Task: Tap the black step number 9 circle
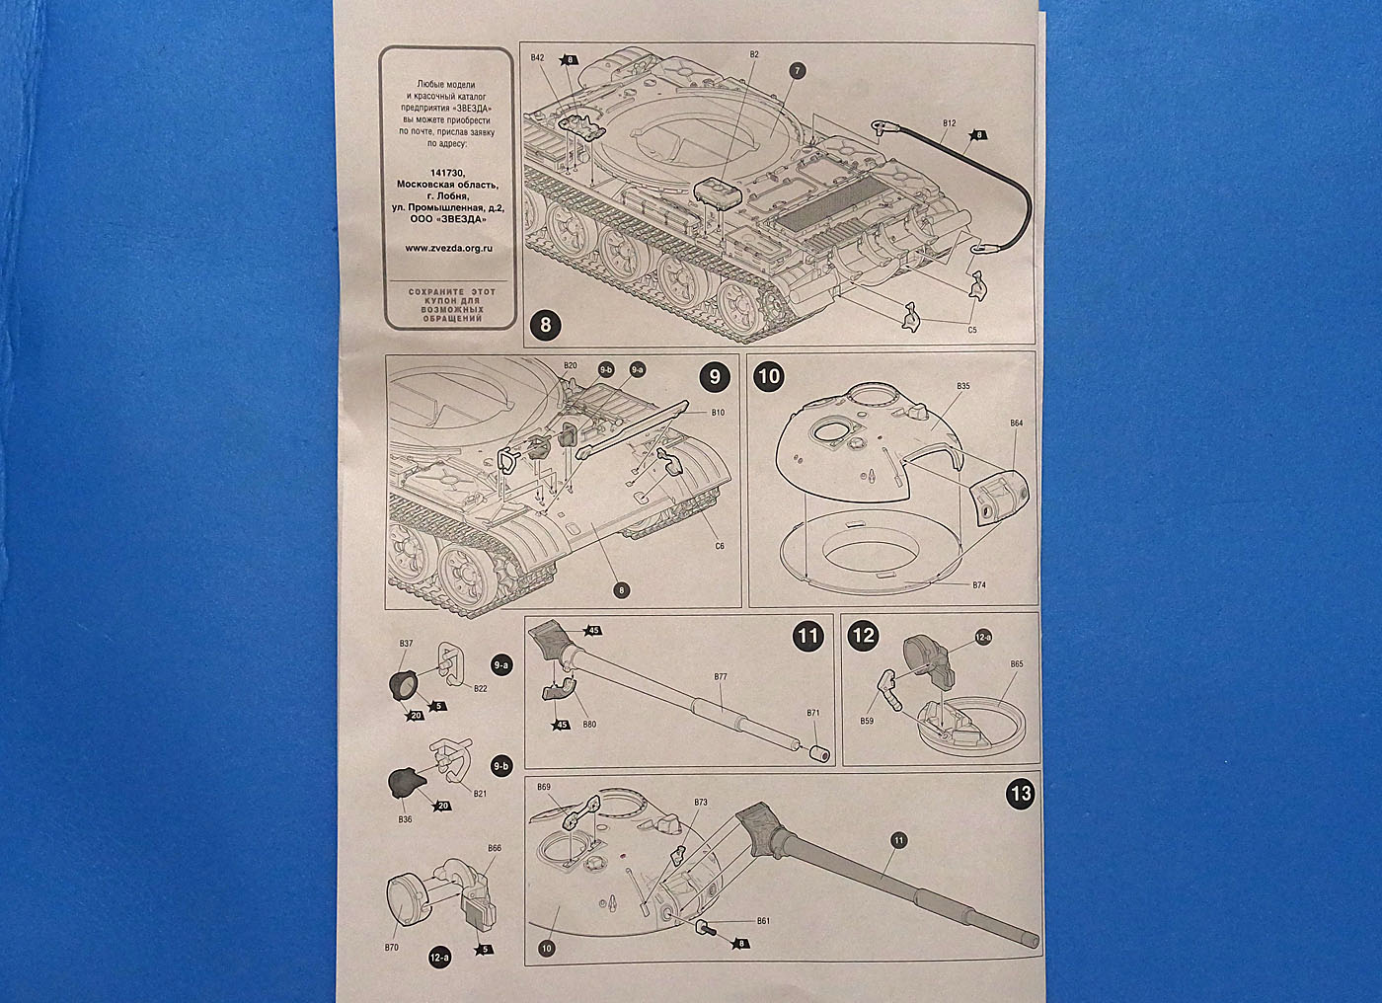tap(714, 376)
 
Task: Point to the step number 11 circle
tap(808, 635)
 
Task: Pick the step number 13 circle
tap(1021, 794)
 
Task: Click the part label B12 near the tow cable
tap(949, 122)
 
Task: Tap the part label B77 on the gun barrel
tap(720, 677)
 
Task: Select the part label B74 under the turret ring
tap(978, 585)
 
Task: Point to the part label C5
tap(971, 329)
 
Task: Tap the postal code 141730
tap(447, 172)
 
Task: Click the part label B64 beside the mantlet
tap(1016, 424)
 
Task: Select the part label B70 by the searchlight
tap(392, 946)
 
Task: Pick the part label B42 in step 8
tap(537, 58)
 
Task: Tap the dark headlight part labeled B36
tap(406, 780)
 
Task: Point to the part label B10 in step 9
tap(718, 412)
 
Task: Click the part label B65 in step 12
tap(1016, 664)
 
